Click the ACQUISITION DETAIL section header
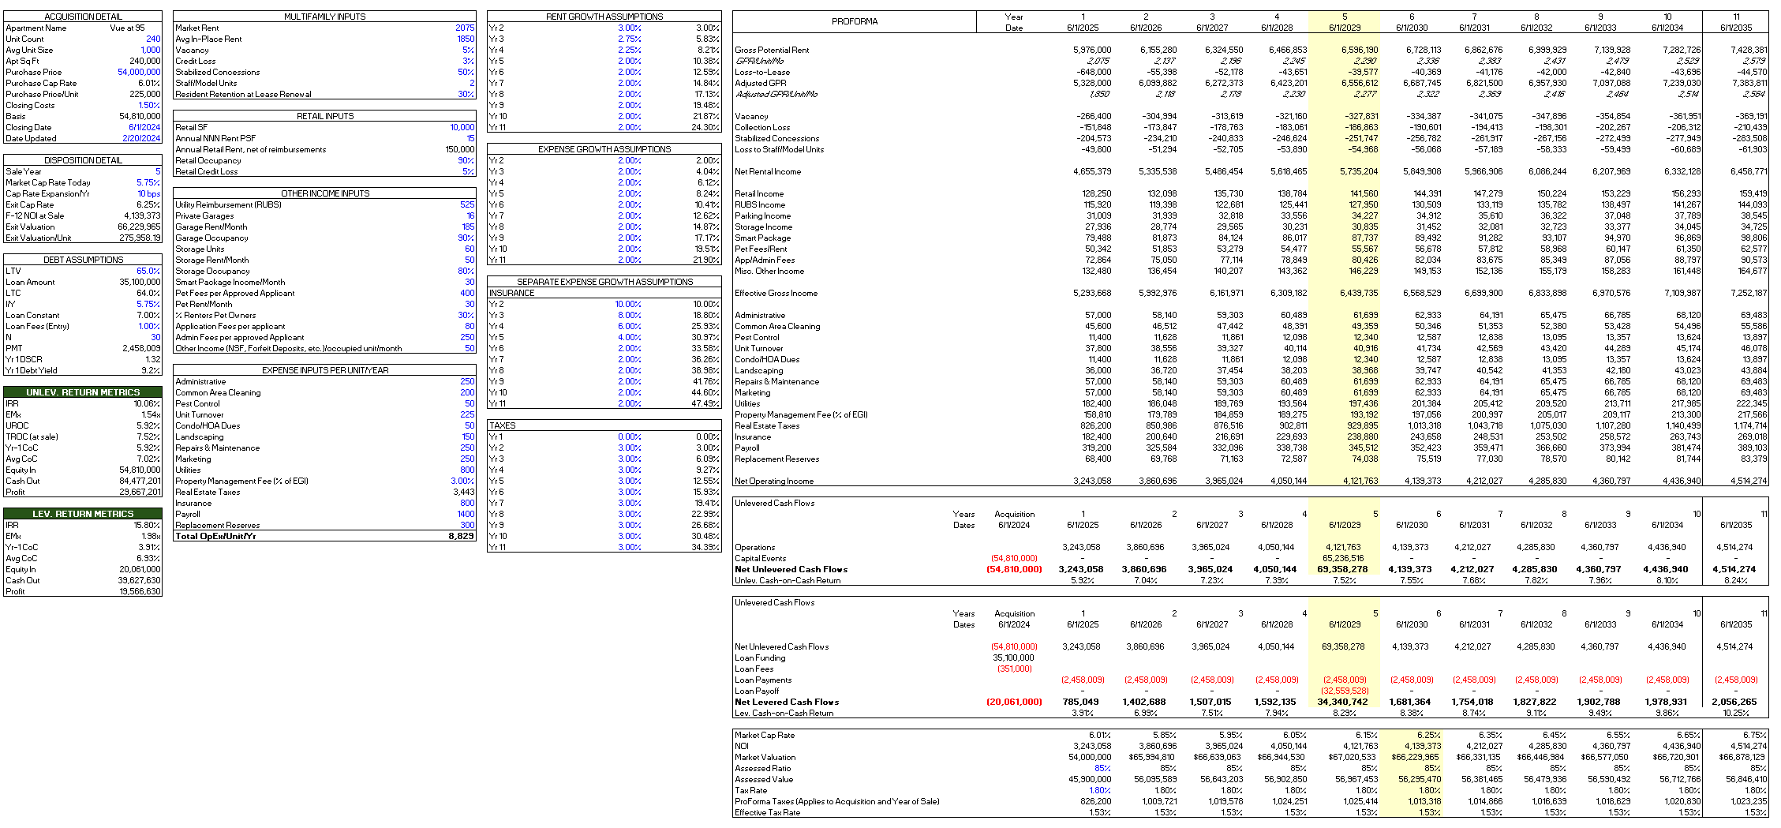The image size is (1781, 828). (83, 17)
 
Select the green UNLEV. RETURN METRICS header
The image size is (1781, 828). (83, 392)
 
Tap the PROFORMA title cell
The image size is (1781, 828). (854, 21)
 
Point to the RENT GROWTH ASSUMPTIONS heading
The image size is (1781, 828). (604, 17)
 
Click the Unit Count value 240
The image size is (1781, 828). (153, 39)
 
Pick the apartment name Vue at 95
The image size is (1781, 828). (127, 28)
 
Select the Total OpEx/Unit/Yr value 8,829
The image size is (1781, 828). (461, 536)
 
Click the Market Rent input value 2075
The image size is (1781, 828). (465, 28)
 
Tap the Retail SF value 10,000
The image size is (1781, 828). (462, 127)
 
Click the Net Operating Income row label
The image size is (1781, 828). (774, 481)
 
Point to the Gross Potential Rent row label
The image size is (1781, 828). (772, 50)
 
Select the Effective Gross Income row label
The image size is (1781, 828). (776, 293)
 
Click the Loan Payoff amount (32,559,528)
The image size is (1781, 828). (1344, 691)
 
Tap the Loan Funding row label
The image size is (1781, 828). (760, 658)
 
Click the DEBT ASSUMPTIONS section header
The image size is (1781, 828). (83, 260)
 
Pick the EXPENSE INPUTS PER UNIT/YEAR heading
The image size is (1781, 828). (325, 370)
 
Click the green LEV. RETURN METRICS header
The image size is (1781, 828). (83, 514)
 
